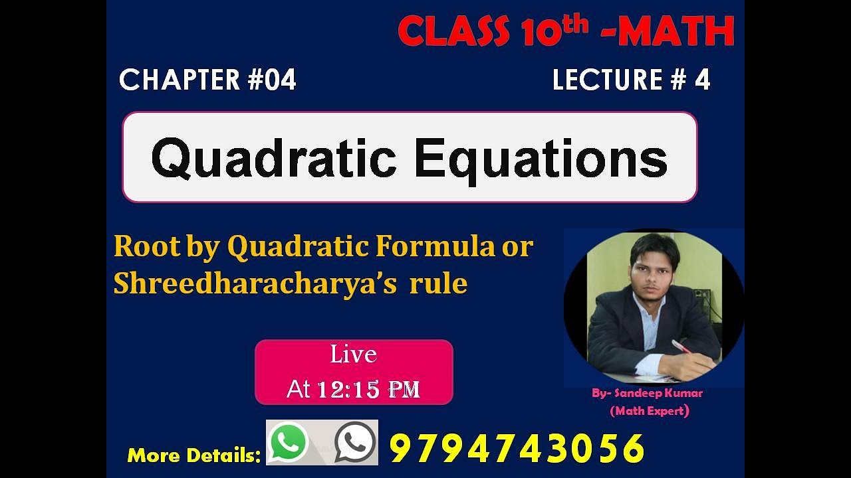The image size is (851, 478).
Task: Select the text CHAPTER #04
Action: pos(207,80)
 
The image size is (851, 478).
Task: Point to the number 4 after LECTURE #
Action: pos(702,80)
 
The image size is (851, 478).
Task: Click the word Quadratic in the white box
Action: pos(274,158)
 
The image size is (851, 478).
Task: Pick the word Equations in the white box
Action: pos(541,158)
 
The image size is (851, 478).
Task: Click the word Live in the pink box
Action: pos(354,355)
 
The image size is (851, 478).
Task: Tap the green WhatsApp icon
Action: pos(288,442)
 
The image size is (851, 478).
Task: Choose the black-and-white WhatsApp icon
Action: pos(355,442)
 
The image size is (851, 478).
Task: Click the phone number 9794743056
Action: pos(517,448)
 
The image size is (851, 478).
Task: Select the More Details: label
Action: pos(193,455)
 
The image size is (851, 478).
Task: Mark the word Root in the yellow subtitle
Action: pos(147,246)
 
